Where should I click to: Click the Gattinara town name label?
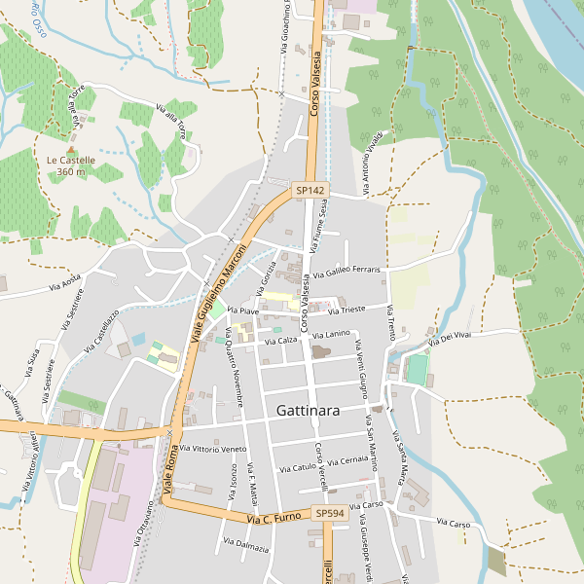coord(308,411)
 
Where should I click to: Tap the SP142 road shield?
coord(310,190)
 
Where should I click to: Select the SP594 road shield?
coord(330,513)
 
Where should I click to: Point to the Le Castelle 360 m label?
coord(71,165)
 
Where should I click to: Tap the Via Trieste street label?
coord(347,310)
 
